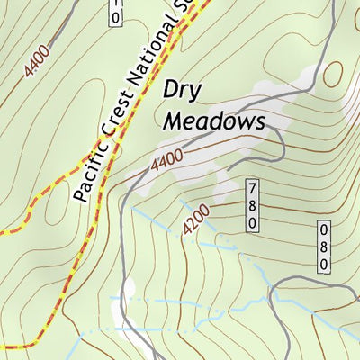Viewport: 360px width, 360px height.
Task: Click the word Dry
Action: (184, 92)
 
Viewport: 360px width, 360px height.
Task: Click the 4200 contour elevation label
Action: (196, 220)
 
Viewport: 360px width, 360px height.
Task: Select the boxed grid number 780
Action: (253, 204)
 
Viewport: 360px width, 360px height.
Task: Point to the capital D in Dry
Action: (172, 91)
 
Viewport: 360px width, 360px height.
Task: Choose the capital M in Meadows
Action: (174, 121)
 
